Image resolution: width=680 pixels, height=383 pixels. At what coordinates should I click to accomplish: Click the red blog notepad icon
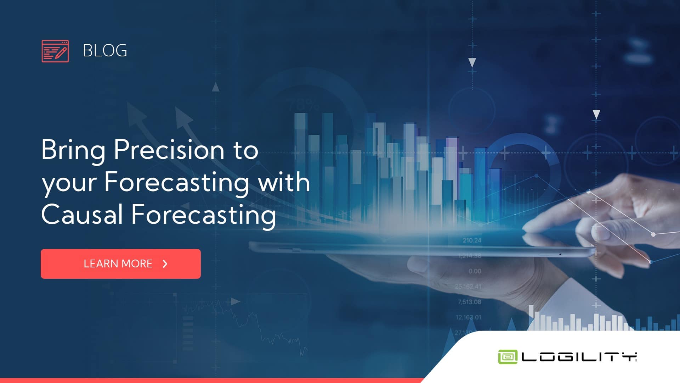click(x=55, y=51)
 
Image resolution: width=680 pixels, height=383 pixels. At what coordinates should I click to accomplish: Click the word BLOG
click(x=105, y=51)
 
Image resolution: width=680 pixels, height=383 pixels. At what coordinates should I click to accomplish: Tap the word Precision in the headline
click(x=169, y=150)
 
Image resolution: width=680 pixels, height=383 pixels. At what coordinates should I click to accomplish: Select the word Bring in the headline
click(x=73, y=150)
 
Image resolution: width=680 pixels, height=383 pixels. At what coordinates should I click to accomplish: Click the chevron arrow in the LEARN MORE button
click(x=165, y=264)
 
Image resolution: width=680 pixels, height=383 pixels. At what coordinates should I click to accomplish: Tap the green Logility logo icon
click(x=508, y=357)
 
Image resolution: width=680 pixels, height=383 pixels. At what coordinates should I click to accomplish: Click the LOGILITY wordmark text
click(x=579, y=357)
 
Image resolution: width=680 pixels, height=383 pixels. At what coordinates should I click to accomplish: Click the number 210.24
click(x=472, y=240)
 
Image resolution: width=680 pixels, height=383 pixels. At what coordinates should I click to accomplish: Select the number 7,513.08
click(x=469, y=302)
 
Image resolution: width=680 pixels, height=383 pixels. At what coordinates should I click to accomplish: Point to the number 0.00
click(x=475, y=271)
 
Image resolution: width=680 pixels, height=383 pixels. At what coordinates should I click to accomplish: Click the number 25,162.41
click(x=468, y=287)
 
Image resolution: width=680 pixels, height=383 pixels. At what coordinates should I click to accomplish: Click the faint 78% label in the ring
click(x=304, y=105)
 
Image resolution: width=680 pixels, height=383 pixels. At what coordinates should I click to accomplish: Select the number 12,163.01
click(x=468, y=317)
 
